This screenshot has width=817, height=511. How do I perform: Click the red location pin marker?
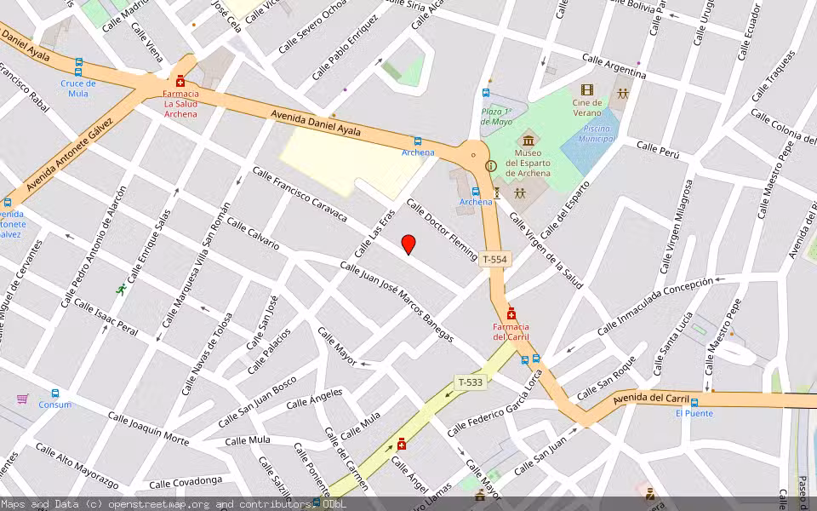[408, 244]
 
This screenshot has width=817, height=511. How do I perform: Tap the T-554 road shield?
[494, 259]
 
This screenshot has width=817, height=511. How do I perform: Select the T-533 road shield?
[470, 382]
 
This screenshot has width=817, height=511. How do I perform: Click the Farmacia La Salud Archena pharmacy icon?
[180, 81]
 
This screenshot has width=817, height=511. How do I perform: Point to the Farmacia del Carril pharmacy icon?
[511, 314]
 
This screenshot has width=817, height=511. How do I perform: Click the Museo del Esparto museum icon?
[528, 139]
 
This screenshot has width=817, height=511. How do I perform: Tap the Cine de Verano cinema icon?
[586, 89]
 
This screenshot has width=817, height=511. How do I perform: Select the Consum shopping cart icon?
[22, 399]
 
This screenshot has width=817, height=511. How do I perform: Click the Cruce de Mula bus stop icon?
[78, 67]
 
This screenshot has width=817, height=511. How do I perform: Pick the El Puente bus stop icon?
[694, 402]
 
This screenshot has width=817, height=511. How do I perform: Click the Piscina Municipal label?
[596, 133]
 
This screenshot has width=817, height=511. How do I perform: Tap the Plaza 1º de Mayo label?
[496, 116]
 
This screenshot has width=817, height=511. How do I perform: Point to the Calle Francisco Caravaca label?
[300, 195]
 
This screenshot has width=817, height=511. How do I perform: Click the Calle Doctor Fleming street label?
[442, 230]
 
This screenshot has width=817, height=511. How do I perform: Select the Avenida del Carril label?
[649, 397]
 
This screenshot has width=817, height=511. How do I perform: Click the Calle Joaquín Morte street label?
[148, 428]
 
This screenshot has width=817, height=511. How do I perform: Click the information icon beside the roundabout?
[489, 166]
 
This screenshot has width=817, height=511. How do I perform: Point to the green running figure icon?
[121, 290]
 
